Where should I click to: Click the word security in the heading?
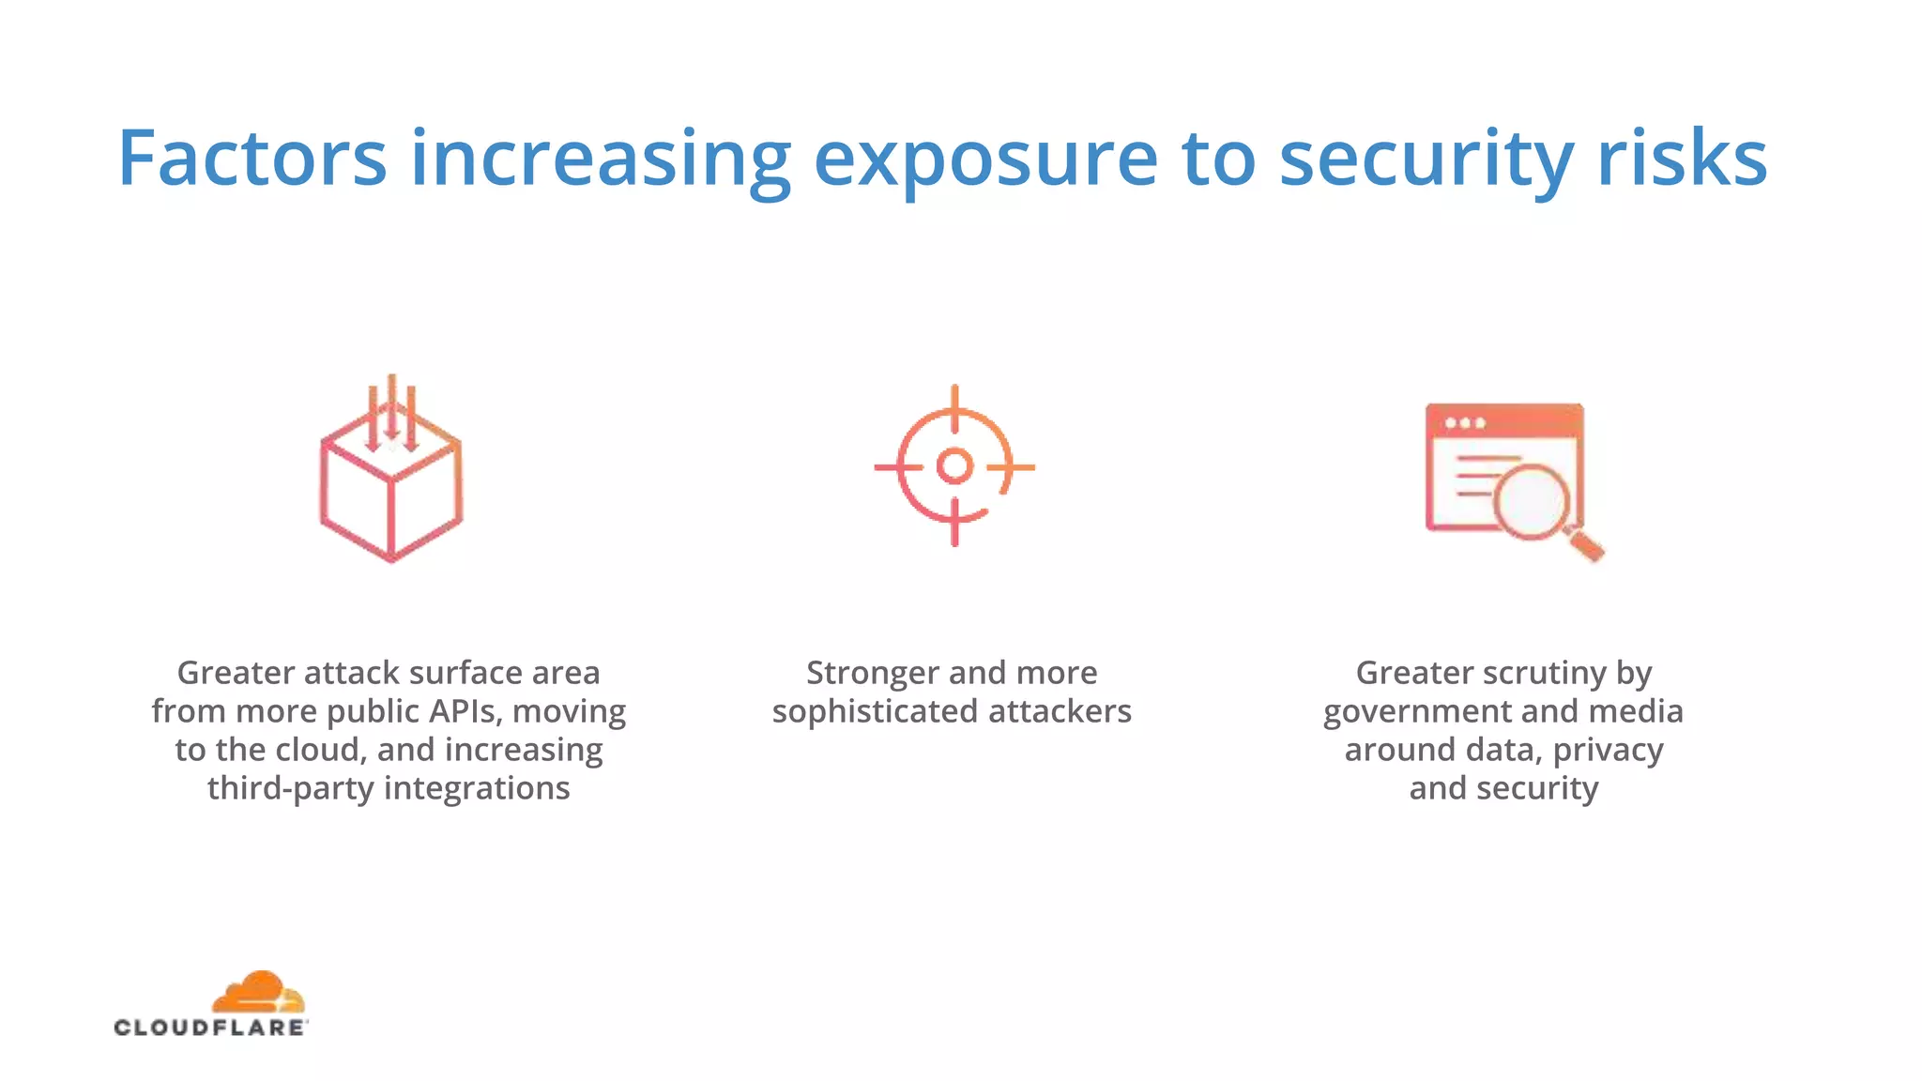click(x=1426, y=160)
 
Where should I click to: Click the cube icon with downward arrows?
click(x=391, y=488)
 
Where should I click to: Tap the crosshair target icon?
click(x=954, y=465)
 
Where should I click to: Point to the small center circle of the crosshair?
click(x=954, y=465)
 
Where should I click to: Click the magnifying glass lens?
click(x=1532, y=501)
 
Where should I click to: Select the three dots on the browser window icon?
click(x=1465, y=423)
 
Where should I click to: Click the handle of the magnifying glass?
click(x=1586, y=545)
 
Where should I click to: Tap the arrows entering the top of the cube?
click(x=392, y=413)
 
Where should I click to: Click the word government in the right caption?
click(x=1417, y=711)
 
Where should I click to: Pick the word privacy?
click(x=1608, y=750)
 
